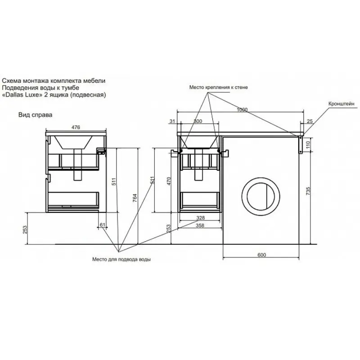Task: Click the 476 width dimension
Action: pos(76,127)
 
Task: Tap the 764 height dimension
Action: pos(135,198)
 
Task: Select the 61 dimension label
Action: pos(103,225)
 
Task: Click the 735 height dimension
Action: pos(308,191)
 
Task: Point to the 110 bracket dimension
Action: pos(308,144)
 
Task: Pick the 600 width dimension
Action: pos(262,255)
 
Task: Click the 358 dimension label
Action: pos(200,225)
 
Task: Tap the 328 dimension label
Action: pos(200,218)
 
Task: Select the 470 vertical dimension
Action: pos(169,181)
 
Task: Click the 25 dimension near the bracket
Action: pos(310,121)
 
